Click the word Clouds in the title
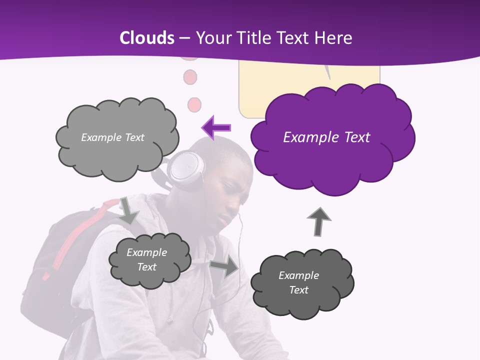[x=147, y=38]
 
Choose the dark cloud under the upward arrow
[x=302, y=283]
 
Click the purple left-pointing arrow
[x=216, y=127]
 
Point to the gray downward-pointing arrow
[x=128, y=210]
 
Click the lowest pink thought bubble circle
[x=193, y=104]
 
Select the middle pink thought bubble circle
[x=190, y=77]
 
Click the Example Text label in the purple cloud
[x=326, y=137]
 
